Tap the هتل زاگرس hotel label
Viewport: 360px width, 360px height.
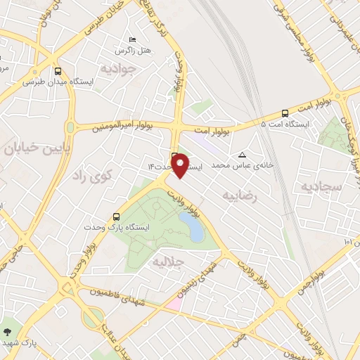(x=133, y=51)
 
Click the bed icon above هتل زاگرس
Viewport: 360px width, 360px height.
(x=132, y=40)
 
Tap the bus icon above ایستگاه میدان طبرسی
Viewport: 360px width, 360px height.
(x=58, y=71)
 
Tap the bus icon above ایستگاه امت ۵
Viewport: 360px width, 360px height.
(x=285, y=112)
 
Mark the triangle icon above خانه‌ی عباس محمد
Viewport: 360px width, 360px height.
(x=243, y=155)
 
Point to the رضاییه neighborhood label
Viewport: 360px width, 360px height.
(x=241, y=195)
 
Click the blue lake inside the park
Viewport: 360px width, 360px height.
(x=190, y=226)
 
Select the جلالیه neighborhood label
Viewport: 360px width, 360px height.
(x=169, y=262)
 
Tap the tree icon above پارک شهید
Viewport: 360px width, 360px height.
(x=8, y=331)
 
